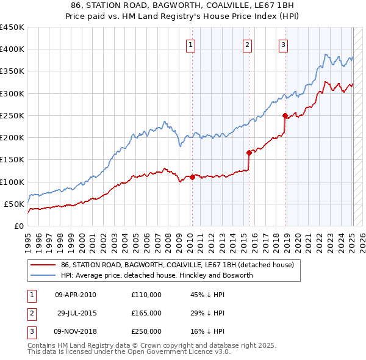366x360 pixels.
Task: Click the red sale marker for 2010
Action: tap(192, 178)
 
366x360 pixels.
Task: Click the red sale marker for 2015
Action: tap(249, 153)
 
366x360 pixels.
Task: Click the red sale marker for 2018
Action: tap(285, 115)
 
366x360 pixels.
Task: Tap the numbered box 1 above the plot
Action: tap(191, 44)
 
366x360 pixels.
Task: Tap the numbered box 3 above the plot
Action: tap(284, 44)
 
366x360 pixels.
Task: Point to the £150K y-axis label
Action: tap(12, 160)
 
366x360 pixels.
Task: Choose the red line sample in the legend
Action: tap(42, 265)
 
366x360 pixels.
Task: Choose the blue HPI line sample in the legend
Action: tap(42, 275)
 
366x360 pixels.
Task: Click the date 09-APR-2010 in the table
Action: tap(75, 295)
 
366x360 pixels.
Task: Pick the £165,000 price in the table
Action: tap(146, 313)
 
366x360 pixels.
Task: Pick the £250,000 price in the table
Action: tap(146, 331)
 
